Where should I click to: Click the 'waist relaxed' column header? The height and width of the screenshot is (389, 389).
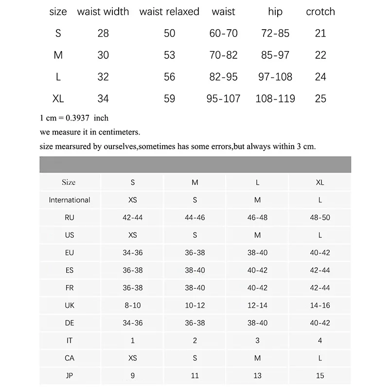169,12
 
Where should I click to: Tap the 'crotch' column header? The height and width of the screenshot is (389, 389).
320,12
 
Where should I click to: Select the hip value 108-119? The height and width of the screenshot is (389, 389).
275,99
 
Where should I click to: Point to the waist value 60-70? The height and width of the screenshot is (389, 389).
224,34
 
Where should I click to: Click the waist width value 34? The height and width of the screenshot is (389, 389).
103,99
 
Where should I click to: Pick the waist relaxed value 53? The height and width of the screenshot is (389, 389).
169,55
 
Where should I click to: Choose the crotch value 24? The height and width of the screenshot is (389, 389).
320,77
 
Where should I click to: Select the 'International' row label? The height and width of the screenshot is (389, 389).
70,200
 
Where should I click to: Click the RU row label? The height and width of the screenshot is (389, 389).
70,217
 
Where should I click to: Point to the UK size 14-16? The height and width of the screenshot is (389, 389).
320,305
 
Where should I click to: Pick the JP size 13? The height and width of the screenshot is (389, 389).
257,375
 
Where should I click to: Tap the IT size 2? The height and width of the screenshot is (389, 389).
195,341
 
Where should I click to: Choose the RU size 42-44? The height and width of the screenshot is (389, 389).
133,217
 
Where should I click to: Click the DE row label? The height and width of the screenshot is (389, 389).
70,323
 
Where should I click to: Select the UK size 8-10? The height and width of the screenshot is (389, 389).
133,305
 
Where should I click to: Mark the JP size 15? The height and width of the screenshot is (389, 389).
320,375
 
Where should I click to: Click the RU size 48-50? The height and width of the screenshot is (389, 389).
320,217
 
